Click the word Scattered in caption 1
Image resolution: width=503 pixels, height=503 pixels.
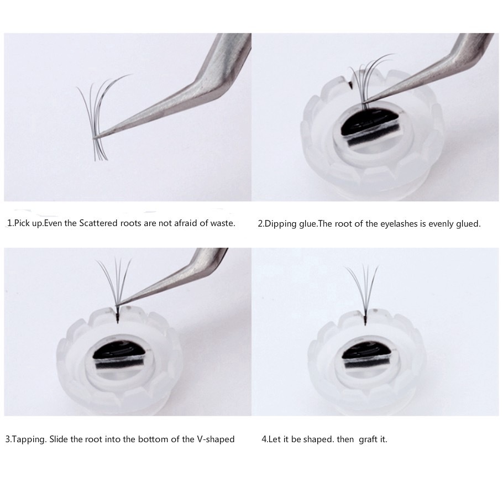point(98,223)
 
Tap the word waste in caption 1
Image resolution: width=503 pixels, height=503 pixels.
point(222,223)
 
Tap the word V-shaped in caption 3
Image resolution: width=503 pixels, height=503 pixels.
point(216,439)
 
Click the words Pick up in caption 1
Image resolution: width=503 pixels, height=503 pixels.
point(29,223)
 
